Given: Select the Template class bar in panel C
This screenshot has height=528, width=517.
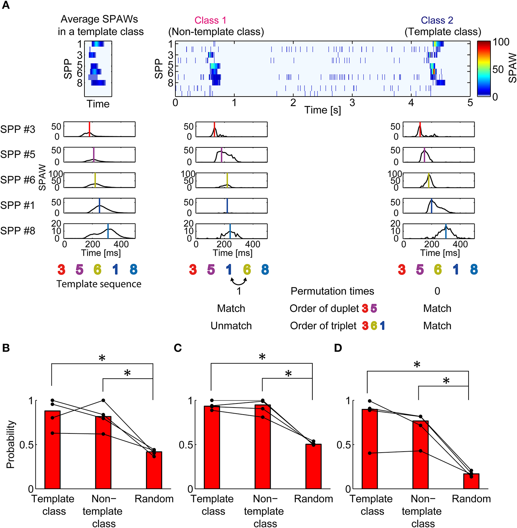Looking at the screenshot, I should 212,447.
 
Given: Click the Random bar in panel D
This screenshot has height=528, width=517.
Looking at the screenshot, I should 471,481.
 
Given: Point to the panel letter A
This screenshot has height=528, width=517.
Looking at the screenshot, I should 6,6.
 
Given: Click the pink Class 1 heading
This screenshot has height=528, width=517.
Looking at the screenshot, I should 210,21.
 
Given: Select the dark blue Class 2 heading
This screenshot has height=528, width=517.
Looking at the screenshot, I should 437,21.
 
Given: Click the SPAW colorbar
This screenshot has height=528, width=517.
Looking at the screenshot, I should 483,69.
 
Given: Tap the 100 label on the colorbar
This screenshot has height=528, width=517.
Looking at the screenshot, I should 501,42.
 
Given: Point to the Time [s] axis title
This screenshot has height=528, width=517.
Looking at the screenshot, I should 322,110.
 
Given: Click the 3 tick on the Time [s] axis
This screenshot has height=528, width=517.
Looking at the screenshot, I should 352,103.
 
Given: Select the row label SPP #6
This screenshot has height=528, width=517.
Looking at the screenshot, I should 18,180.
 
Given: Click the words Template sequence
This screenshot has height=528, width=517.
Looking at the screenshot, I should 99,284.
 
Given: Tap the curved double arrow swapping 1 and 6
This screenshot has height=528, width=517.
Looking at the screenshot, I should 238,281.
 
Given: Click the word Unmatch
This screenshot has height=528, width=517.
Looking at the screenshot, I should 231,326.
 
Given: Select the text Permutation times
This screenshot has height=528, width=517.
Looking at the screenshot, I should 332,291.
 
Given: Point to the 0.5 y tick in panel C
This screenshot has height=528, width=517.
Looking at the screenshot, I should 186,445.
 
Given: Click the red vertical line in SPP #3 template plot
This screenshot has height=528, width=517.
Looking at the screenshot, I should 89,129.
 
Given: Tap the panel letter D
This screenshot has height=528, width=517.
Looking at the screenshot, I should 338,348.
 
